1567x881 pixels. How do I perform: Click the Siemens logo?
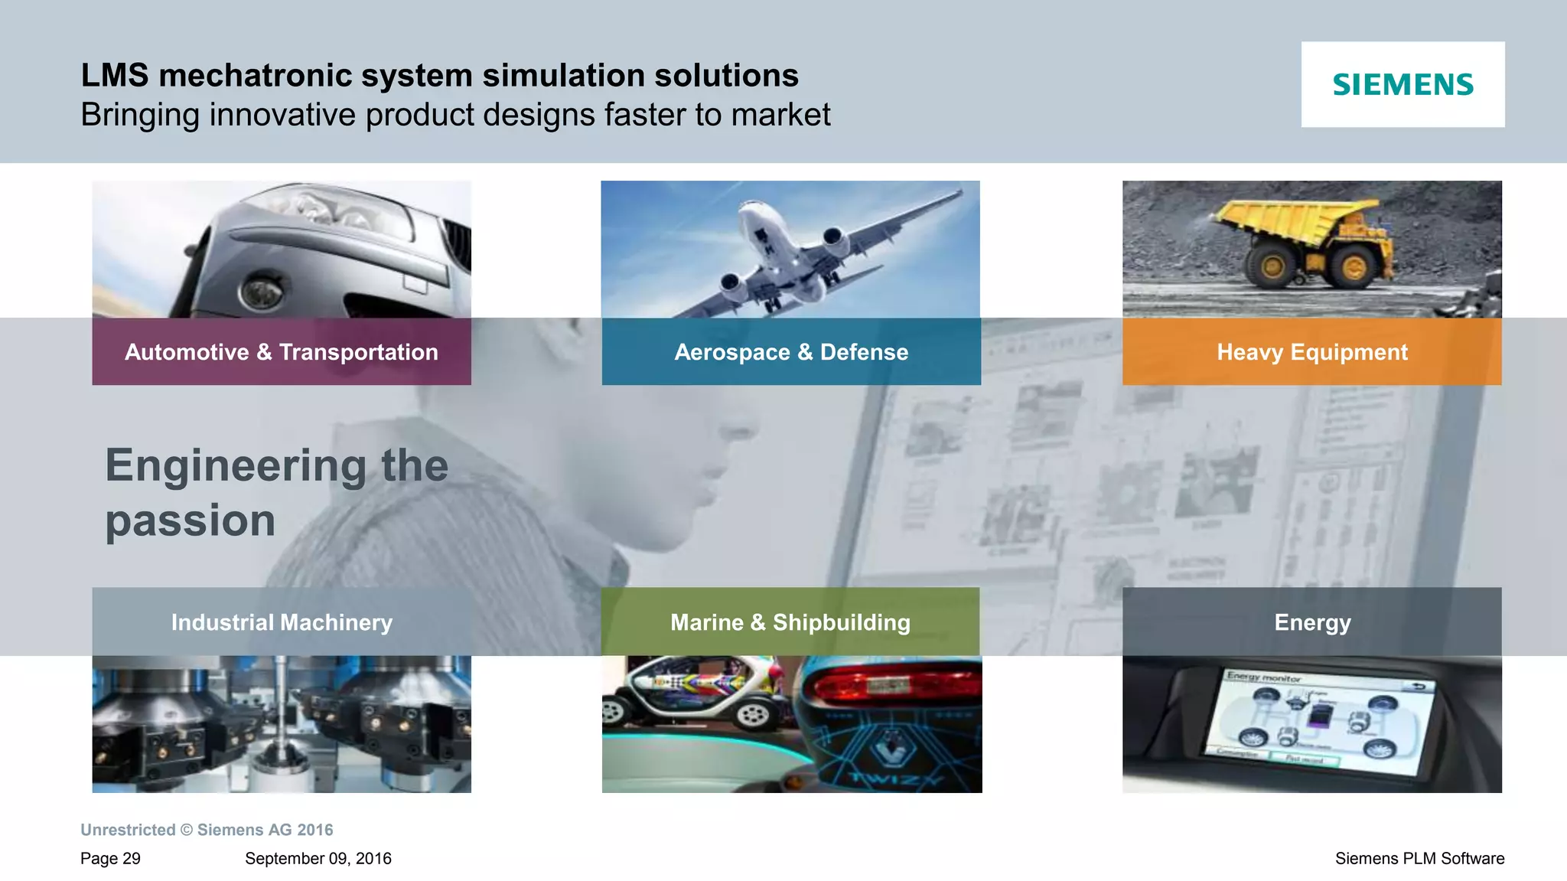pos(1402,84)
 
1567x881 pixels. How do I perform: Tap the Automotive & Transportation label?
pos(282,352)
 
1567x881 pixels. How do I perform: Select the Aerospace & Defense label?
pos(791,352)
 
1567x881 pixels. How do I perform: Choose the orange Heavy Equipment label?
pos(1312,352)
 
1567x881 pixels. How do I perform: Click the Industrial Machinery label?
pos(282,622)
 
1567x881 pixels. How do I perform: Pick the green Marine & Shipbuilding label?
pos(790,622)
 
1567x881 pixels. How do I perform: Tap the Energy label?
pos(1312,622)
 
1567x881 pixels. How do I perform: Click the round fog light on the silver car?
pos(260,292)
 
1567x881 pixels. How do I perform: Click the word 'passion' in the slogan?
pos(191,520)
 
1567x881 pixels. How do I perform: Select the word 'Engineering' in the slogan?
pos(236,465)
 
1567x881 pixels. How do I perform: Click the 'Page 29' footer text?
pos(110,859)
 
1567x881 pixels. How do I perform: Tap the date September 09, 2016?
pos(318,859)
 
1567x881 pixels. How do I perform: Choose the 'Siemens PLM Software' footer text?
pos(1419,859)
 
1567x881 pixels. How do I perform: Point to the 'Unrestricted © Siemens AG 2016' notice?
pos(207,830)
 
